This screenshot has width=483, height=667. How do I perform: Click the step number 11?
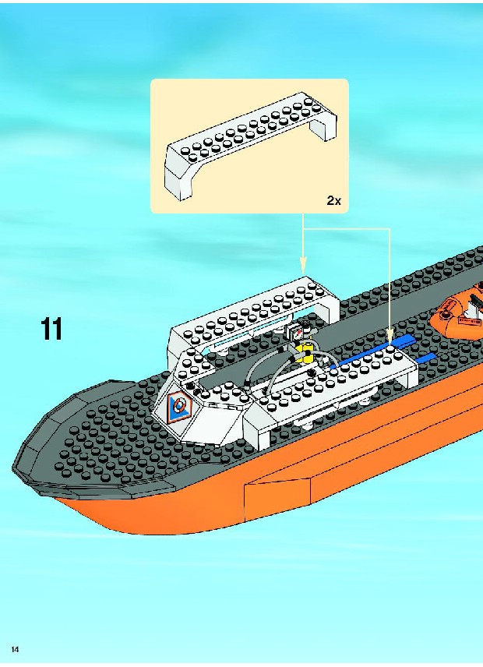coord(51,329)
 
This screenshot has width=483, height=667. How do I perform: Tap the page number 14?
coord(15,649)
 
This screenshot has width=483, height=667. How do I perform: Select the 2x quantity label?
coord(333,200)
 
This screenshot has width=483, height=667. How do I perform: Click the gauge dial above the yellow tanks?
coord(296,332)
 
